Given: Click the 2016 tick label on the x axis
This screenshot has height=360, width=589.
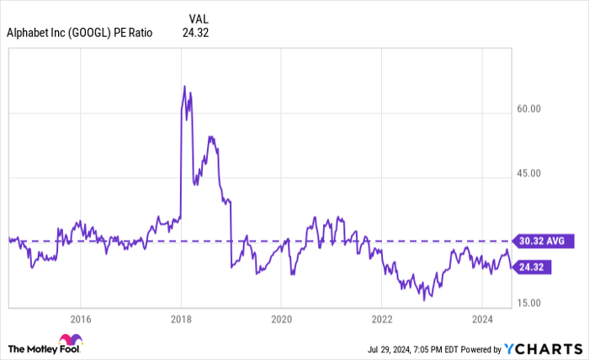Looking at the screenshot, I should (x=80, y=319).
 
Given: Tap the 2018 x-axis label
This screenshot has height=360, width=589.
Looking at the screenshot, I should (x=181, y=319).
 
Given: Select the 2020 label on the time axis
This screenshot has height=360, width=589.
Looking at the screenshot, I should (x=281, y=319).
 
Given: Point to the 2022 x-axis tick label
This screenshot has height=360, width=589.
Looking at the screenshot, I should (x=382, y=319).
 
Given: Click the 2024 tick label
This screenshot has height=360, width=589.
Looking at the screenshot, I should (x=482, y=319).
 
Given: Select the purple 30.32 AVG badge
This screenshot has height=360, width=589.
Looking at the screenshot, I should (x=540, y=241).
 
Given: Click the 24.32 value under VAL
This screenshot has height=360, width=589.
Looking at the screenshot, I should (x=195, y=33).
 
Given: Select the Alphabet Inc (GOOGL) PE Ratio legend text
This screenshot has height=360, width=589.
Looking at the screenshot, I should (x=80, y=33).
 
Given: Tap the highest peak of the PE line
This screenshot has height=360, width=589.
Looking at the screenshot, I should (x=184, y=86).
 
